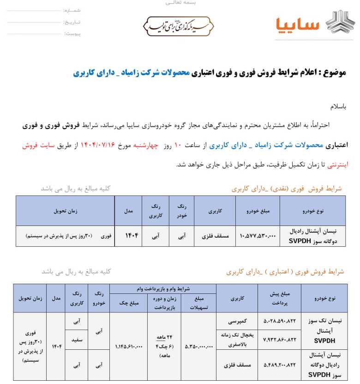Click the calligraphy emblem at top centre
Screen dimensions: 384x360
(177, 26)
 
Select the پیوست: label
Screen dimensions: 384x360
(72, 34)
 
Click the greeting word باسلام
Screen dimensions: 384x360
(337, 106)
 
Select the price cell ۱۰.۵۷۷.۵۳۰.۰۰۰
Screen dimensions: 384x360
(258, 236)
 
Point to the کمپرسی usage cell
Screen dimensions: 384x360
(237, 320)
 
